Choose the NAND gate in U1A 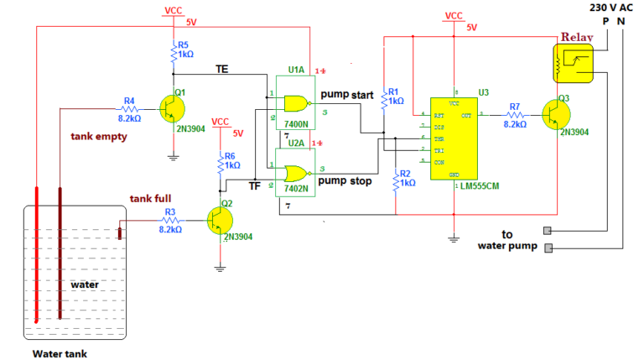coord(294,103)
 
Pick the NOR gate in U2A coord(294,174)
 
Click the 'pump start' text coord(345,95)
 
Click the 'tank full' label coord(150,199)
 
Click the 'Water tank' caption coord(60,353)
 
